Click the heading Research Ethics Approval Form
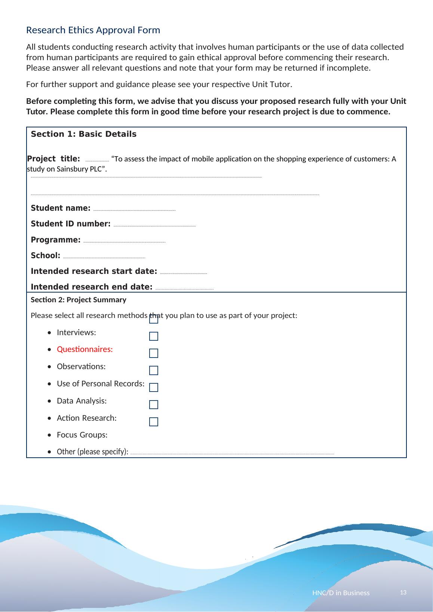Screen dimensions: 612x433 tap(93, 30)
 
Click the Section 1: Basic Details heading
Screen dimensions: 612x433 tap(83, 134)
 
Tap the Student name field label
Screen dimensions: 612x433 tap(60, 208)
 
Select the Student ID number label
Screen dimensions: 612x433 tap(70, 224)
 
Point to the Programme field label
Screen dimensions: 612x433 tap(55, 240)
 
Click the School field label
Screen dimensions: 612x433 tap(45, 256)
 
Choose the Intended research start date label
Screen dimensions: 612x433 tap(93, 271)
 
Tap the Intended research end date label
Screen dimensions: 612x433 tap(91, 287)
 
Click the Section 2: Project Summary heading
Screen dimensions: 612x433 tap(78, 300)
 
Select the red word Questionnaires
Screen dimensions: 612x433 tap(85, 350)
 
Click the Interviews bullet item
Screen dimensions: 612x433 tap(76, 333)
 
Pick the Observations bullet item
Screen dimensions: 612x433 tap(81, 367)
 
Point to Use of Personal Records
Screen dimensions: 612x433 tap(100, 384)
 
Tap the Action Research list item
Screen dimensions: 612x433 tap(86, 418)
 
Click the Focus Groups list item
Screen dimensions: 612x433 tap(82, 435)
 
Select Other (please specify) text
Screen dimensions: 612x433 tap(92, 452)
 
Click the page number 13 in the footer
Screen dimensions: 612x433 tap(403, 593)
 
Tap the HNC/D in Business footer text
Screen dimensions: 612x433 tap(341, 593)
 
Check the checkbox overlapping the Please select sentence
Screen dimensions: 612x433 tap(153, 319)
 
